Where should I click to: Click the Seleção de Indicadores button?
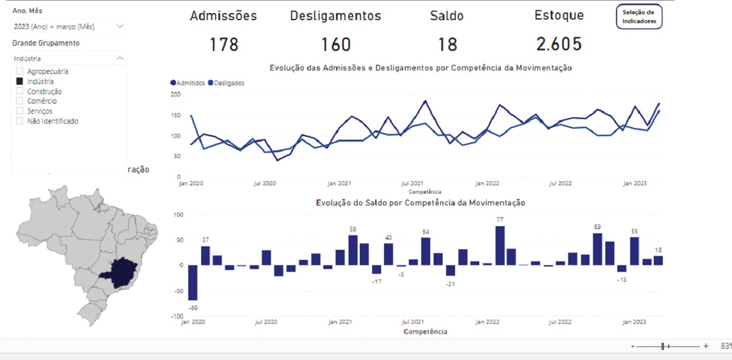point(639,17)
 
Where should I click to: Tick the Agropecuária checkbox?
point(20,72)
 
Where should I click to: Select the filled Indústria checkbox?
point(20,82)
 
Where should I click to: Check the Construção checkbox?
point(20,91)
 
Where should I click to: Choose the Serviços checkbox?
point(20,111)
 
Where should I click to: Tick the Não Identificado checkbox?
point(20,121)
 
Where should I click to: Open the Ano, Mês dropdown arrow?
point(120,26)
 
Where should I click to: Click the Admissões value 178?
point(224,44)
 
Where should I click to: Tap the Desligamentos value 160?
point(336,44)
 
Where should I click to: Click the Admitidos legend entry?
point(188,83)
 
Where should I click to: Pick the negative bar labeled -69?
point(192,282)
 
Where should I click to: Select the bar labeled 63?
point(597,249)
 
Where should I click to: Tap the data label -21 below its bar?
point(450,284)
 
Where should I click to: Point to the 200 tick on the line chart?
point(175,94)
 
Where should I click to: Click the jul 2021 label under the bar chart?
point(412,322)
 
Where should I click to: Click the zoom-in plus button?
point(706,346)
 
